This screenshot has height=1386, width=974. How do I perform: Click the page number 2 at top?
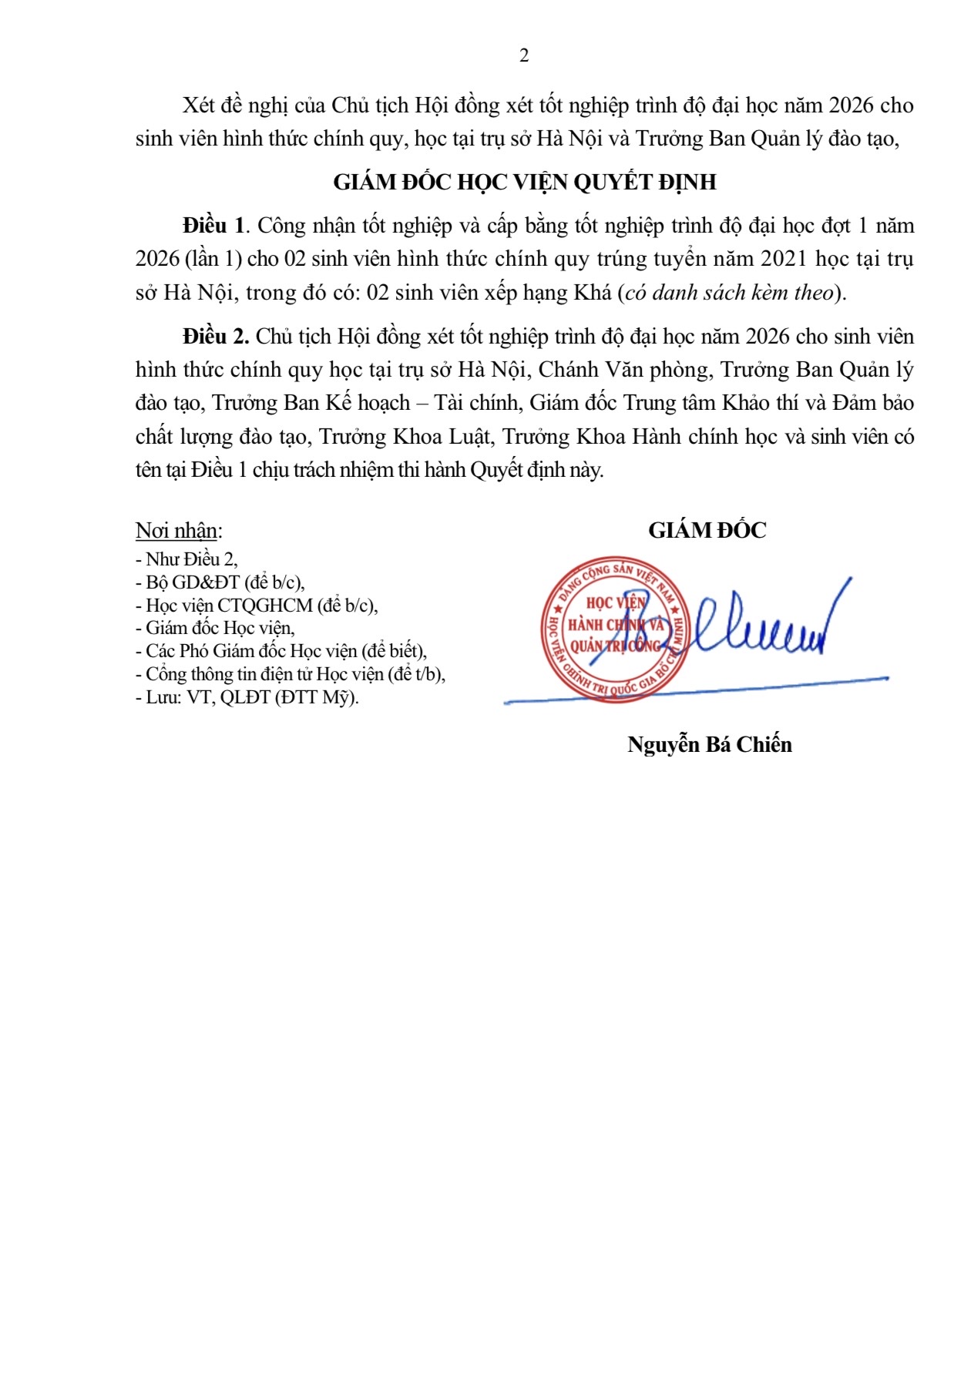(x=525, y=55)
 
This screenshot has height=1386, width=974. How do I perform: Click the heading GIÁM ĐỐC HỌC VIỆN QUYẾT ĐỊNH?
(x=525, y=183)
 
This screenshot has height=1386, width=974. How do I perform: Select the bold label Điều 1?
(x=213, y=226)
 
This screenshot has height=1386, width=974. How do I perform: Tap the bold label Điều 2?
(x=215, y=337)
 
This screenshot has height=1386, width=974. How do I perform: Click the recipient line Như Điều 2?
(x=187, y=559)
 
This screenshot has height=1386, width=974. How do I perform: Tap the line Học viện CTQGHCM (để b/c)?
(x=257, y=606)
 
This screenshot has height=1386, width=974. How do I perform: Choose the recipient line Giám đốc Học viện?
(x=216, y=629)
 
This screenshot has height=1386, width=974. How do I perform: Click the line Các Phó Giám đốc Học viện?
(x=282, y=651)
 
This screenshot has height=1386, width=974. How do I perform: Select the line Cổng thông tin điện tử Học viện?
(x=291, y=674)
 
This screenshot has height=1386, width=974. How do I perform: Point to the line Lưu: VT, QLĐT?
(x=247, y=697)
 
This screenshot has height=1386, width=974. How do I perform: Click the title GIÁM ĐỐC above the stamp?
(x=707, y=531)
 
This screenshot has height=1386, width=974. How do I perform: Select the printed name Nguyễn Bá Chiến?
(x=710, y=744)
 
